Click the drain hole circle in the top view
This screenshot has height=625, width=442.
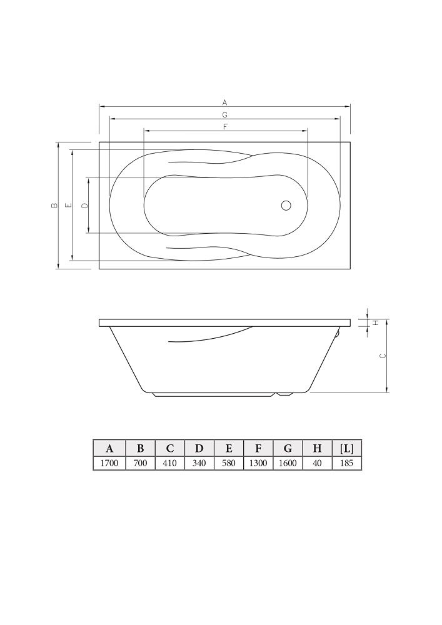point(286,205)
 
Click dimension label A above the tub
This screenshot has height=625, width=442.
point(225,102)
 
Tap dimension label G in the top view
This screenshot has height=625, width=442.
point(225,115)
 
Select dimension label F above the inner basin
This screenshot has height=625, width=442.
point(225,127)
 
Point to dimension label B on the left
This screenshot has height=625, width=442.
point(54,205)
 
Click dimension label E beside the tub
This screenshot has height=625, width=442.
point(69,205)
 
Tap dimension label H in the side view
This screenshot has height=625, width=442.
point(375,323)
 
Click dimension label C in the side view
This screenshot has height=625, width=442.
point(383,356)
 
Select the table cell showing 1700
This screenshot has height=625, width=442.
point(109,463)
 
